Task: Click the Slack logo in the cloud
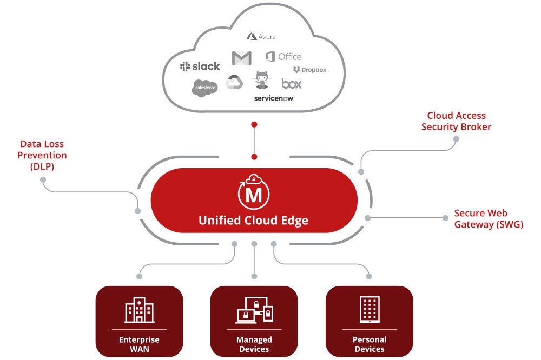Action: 200,66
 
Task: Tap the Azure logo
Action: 261,36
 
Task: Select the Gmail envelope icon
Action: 241,57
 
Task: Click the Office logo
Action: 283,56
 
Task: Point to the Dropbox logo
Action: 309,70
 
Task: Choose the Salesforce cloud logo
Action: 204,88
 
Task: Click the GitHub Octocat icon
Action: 262,80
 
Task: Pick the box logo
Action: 292,83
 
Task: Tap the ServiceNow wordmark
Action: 274,98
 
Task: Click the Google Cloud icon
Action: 234,82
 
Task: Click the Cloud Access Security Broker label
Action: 456,121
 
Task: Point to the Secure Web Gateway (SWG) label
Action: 489,219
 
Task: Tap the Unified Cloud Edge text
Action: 253,220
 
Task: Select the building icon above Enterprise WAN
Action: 139,310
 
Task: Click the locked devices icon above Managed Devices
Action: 254,310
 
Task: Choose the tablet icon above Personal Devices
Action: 369,310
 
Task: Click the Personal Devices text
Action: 369,344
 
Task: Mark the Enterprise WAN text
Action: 139,344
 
